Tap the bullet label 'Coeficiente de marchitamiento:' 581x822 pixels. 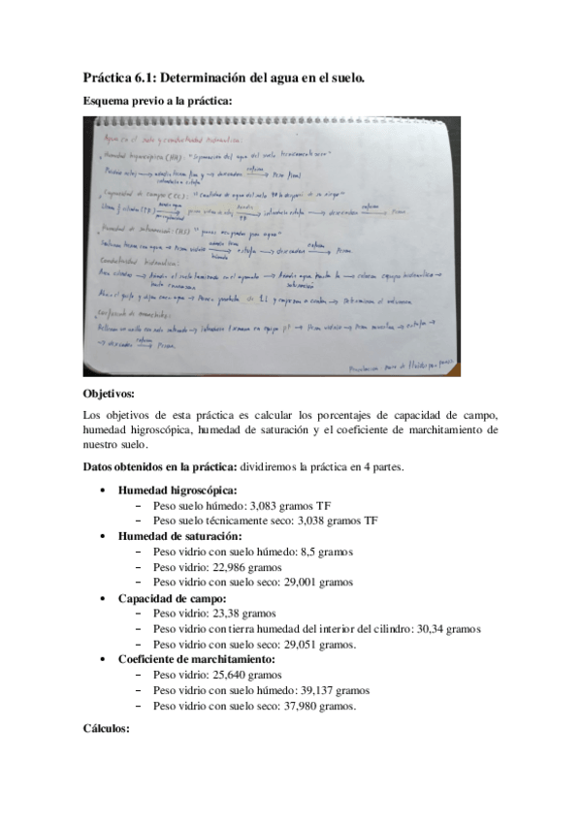[x=197, y=659]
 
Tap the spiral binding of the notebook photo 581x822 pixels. [x=272, y=122]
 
